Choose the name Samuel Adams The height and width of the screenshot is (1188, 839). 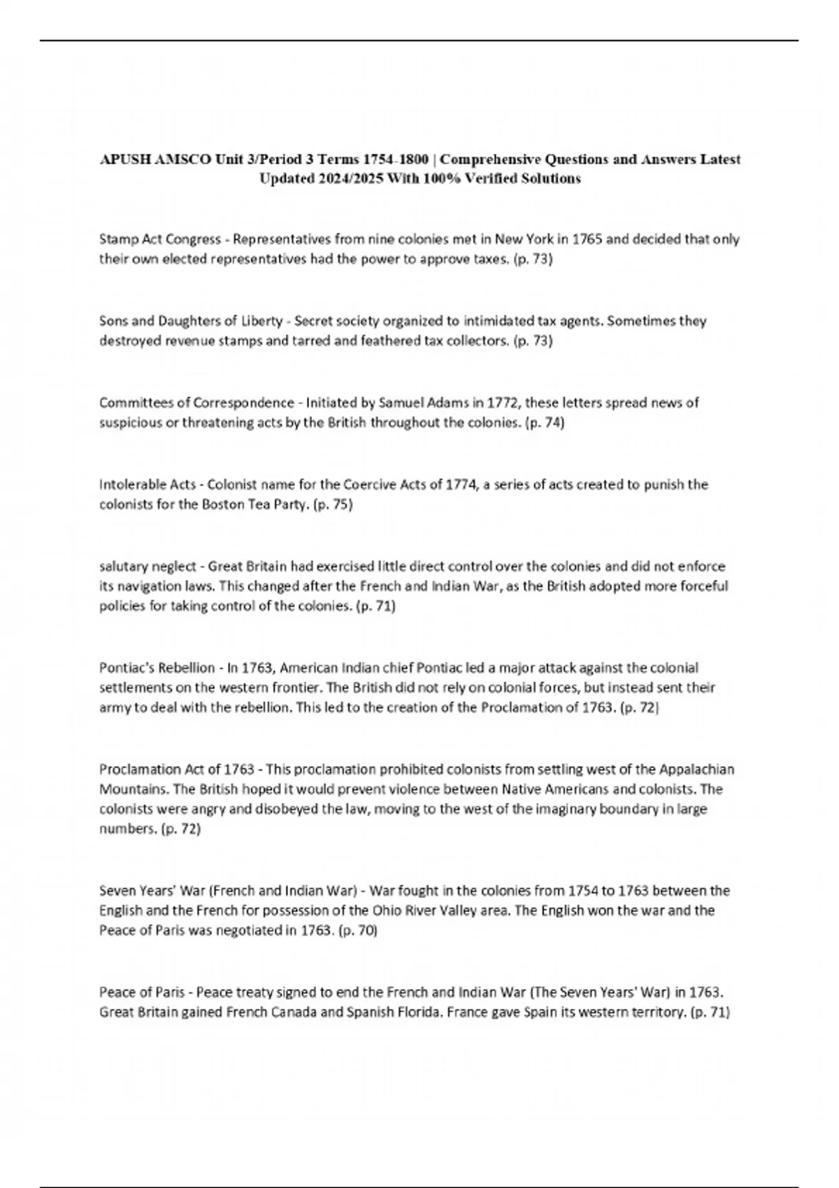(424, 403)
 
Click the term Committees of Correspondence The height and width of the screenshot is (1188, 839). (196, 403)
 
